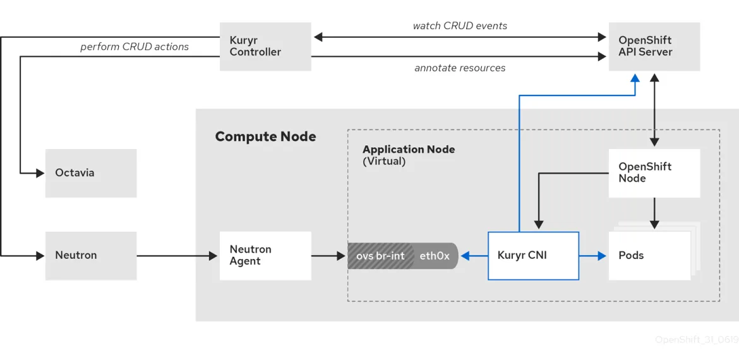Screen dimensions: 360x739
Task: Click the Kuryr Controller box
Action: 265,47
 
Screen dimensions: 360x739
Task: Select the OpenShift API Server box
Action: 654,47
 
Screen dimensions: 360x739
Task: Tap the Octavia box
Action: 91,173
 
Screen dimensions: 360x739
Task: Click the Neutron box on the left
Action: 91,256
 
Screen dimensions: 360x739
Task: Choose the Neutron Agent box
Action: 265,256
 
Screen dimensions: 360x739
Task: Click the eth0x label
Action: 435,256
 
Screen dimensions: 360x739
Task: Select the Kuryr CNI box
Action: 533,256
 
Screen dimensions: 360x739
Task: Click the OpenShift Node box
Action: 654,173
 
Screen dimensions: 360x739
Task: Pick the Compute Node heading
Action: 265,137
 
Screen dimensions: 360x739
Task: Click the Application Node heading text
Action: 408,150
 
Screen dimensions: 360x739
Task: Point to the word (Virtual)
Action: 384,162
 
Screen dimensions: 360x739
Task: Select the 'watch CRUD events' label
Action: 460,26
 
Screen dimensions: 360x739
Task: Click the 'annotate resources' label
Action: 460,68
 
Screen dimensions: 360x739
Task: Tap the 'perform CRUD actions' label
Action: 134,47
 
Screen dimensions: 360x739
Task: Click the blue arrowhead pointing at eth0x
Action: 464,256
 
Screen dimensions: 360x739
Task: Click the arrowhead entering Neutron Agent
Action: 213,256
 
